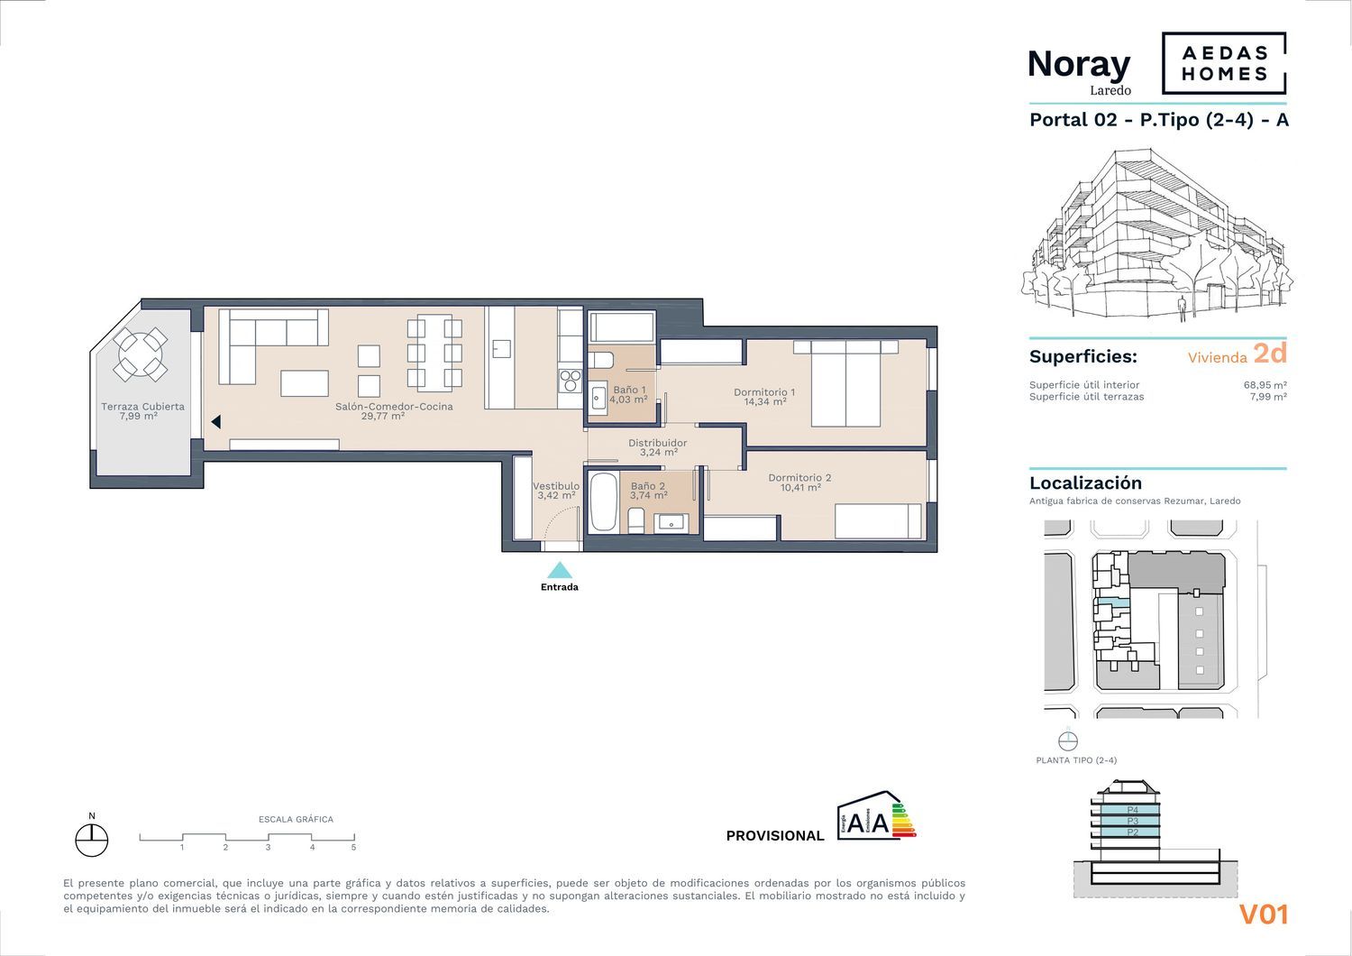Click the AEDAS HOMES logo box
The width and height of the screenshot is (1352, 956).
pos(1223,63)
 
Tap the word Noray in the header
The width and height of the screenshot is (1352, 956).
pos(1079,65)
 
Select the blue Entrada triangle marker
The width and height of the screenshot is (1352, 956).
pos(560,570)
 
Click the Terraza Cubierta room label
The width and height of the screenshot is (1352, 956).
pos(142,410)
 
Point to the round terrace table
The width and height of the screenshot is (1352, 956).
pos(141,354)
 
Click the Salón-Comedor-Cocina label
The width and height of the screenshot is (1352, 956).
pos(394,410)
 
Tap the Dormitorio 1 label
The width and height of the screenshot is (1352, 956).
pos(764,396)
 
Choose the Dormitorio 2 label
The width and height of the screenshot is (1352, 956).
pos(799,482)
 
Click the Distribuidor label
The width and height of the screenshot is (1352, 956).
pos(658,447)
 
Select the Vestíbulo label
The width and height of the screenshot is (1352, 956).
pos(556,491)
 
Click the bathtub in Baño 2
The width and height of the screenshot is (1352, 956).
pos(604,502)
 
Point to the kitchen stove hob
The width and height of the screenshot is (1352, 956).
pos(571,381)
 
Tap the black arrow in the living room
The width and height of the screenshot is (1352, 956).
pos(215,422)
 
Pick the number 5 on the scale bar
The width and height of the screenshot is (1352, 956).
pos(353,847)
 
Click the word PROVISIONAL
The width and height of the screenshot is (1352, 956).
pos(775,836)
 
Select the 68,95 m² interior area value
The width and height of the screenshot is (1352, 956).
pos(1265,385)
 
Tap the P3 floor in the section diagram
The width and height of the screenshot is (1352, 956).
pos(1132,822)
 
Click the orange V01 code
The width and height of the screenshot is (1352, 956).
pos(1264,915)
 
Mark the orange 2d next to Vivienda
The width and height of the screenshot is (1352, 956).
pos(1270,354)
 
